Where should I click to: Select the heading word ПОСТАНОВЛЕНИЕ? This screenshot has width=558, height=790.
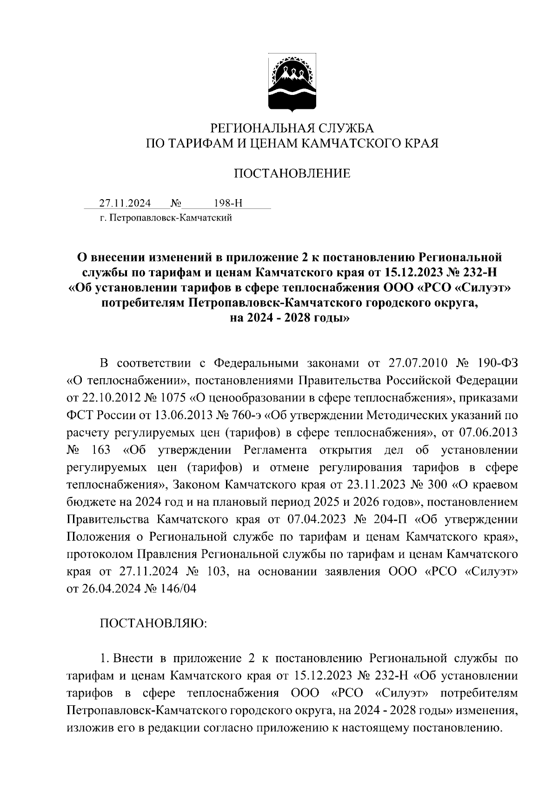point(292,174)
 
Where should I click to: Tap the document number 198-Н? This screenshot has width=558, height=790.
point(228,203)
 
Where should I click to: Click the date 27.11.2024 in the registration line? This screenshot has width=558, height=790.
point(125,203)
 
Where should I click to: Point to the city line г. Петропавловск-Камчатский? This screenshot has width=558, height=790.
point(166,217)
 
